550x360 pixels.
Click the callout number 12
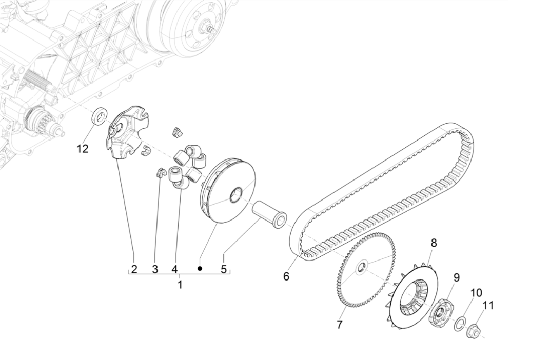tap(83, 149)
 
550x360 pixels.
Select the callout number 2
tap(134, 269)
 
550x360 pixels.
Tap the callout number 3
tap(155, 269)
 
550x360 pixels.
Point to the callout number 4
tap(174, 269)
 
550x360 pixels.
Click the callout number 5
tap(223, 269)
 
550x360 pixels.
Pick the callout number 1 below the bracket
tap(180, 285)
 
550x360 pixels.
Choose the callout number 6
tap(286, 276)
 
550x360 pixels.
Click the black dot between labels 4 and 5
tap(201, 268)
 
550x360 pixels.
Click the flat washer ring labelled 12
tap(99, 116)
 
